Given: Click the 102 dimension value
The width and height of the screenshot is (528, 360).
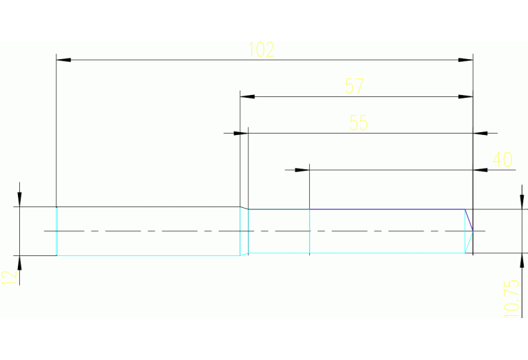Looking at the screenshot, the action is pyautogui.click(x=261, y=50).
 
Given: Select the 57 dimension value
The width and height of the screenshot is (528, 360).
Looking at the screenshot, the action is pyautogui.click(x=354, y=86).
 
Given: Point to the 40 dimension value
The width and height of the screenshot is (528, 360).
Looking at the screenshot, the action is pyautogui.click(x=503, y=160).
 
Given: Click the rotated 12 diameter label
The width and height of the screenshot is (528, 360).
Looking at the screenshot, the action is pyautogui.click(x=9, y=277).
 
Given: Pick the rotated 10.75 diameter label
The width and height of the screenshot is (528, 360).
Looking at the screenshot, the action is pyautogui.click(x=511, y=297).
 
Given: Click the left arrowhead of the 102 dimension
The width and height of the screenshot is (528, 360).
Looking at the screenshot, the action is pyautogui.click(x=63, y=61).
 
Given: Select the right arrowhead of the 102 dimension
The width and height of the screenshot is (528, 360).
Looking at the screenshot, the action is pyautogui.click(x=466, y=61).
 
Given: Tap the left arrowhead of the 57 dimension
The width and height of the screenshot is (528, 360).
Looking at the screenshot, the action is pyautogui.click(x=248, y=97).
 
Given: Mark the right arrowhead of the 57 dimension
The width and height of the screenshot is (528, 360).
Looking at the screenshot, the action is pyautogui.click(x=466, y=97).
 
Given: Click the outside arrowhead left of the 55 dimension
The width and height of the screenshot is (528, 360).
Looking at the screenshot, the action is pyautogui.click(x=233, y=132).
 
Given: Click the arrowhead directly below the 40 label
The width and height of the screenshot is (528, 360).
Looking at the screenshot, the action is pyautogui.click(x=481, y=169).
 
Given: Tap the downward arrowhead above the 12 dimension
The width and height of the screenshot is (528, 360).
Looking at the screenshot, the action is pyautogui.click(x=20, y=199).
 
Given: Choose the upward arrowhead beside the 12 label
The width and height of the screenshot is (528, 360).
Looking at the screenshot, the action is pyautogui.click(x=20, y=264).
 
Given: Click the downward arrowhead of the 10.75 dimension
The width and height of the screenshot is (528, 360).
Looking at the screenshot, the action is pyautogui.click(x=518, y=202).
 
